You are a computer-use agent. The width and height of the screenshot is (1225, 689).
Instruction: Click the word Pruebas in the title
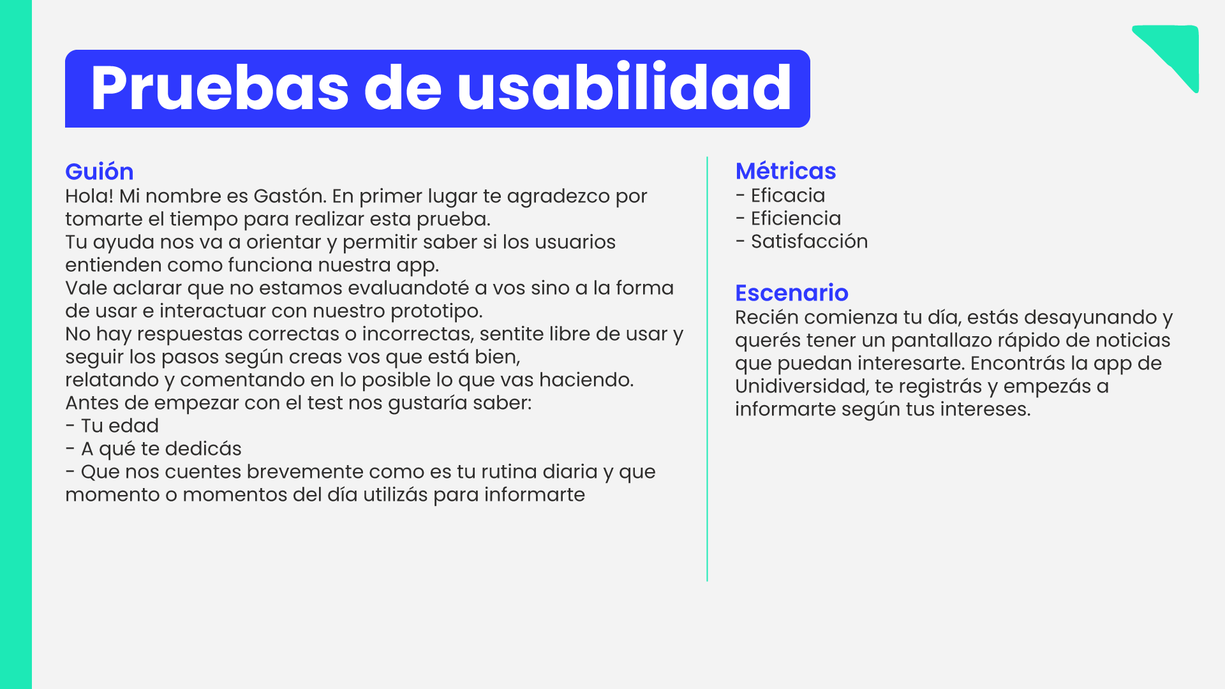point(219,88)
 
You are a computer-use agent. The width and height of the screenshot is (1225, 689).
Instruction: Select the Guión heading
point(100,172)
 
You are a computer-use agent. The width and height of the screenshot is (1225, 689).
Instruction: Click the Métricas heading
point(785,171)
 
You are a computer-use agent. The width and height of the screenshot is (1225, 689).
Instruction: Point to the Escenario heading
point(792,293)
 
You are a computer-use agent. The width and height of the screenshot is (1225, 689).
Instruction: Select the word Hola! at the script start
point(89,196)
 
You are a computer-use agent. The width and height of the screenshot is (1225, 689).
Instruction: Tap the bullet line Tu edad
point(112,426)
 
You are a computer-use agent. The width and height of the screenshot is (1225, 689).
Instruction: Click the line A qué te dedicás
point(153,449)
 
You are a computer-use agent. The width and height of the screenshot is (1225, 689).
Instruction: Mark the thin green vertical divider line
point(707,369)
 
